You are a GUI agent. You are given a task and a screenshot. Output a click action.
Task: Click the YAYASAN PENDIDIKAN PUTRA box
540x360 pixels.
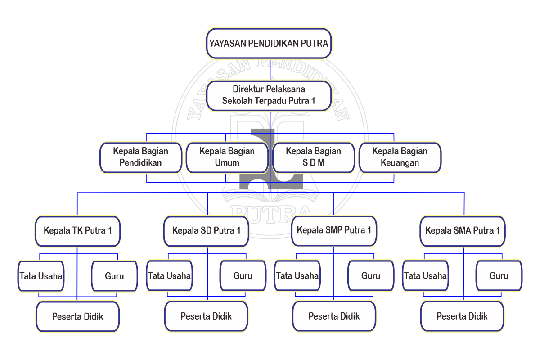269,44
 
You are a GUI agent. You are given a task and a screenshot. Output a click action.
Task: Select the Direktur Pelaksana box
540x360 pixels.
269,95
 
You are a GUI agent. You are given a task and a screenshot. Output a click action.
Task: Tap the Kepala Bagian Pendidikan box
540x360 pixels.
140,157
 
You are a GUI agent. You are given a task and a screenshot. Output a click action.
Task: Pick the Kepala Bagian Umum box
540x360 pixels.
227,157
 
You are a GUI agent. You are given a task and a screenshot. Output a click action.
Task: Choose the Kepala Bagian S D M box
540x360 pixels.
314,157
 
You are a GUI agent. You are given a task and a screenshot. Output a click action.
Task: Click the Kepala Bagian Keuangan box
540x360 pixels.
400,157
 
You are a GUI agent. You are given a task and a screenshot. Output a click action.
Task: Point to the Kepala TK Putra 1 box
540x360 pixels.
77,231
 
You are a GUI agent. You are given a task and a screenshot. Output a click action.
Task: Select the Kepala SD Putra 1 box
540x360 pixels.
206,231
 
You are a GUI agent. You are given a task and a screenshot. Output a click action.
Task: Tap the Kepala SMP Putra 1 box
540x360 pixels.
334,230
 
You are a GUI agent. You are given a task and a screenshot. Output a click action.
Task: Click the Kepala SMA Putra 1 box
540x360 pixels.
463,231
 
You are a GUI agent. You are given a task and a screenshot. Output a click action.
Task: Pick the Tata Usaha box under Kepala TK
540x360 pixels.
41,276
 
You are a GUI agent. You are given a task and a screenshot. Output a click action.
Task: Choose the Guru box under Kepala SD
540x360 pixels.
243,276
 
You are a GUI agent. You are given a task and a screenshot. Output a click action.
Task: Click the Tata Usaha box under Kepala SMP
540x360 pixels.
297,276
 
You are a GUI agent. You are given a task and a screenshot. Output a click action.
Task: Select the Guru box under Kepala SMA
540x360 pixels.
499,276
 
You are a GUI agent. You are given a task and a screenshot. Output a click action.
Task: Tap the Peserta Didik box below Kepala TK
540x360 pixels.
77,316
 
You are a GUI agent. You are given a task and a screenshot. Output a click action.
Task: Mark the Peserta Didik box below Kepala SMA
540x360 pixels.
462,316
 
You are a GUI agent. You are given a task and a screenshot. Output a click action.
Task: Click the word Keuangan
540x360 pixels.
400,163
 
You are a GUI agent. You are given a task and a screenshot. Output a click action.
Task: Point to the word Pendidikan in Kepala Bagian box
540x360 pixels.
140,163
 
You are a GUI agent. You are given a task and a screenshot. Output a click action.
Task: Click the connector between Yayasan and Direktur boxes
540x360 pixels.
270,70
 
